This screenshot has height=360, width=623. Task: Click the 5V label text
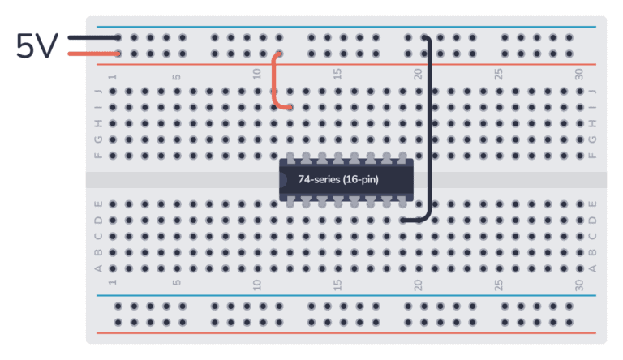36,46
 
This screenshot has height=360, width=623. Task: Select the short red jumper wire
275,81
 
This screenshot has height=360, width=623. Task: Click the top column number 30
579,74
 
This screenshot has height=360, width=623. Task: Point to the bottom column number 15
338,285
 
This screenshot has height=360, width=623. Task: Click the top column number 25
499,74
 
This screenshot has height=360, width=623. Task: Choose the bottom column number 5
177,285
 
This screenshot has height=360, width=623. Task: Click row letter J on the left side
99,91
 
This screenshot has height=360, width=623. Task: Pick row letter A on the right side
593,268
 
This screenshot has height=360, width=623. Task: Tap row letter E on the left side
99,204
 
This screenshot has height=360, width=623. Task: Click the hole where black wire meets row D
403,220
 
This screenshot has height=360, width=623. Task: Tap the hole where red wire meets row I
290,107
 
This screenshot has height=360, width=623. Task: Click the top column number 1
112,75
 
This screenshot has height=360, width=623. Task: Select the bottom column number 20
419,285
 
